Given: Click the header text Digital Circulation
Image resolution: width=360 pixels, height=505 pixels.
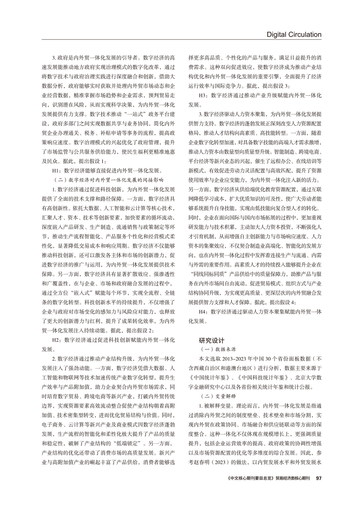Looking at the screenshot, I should [x=294, y=34].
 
